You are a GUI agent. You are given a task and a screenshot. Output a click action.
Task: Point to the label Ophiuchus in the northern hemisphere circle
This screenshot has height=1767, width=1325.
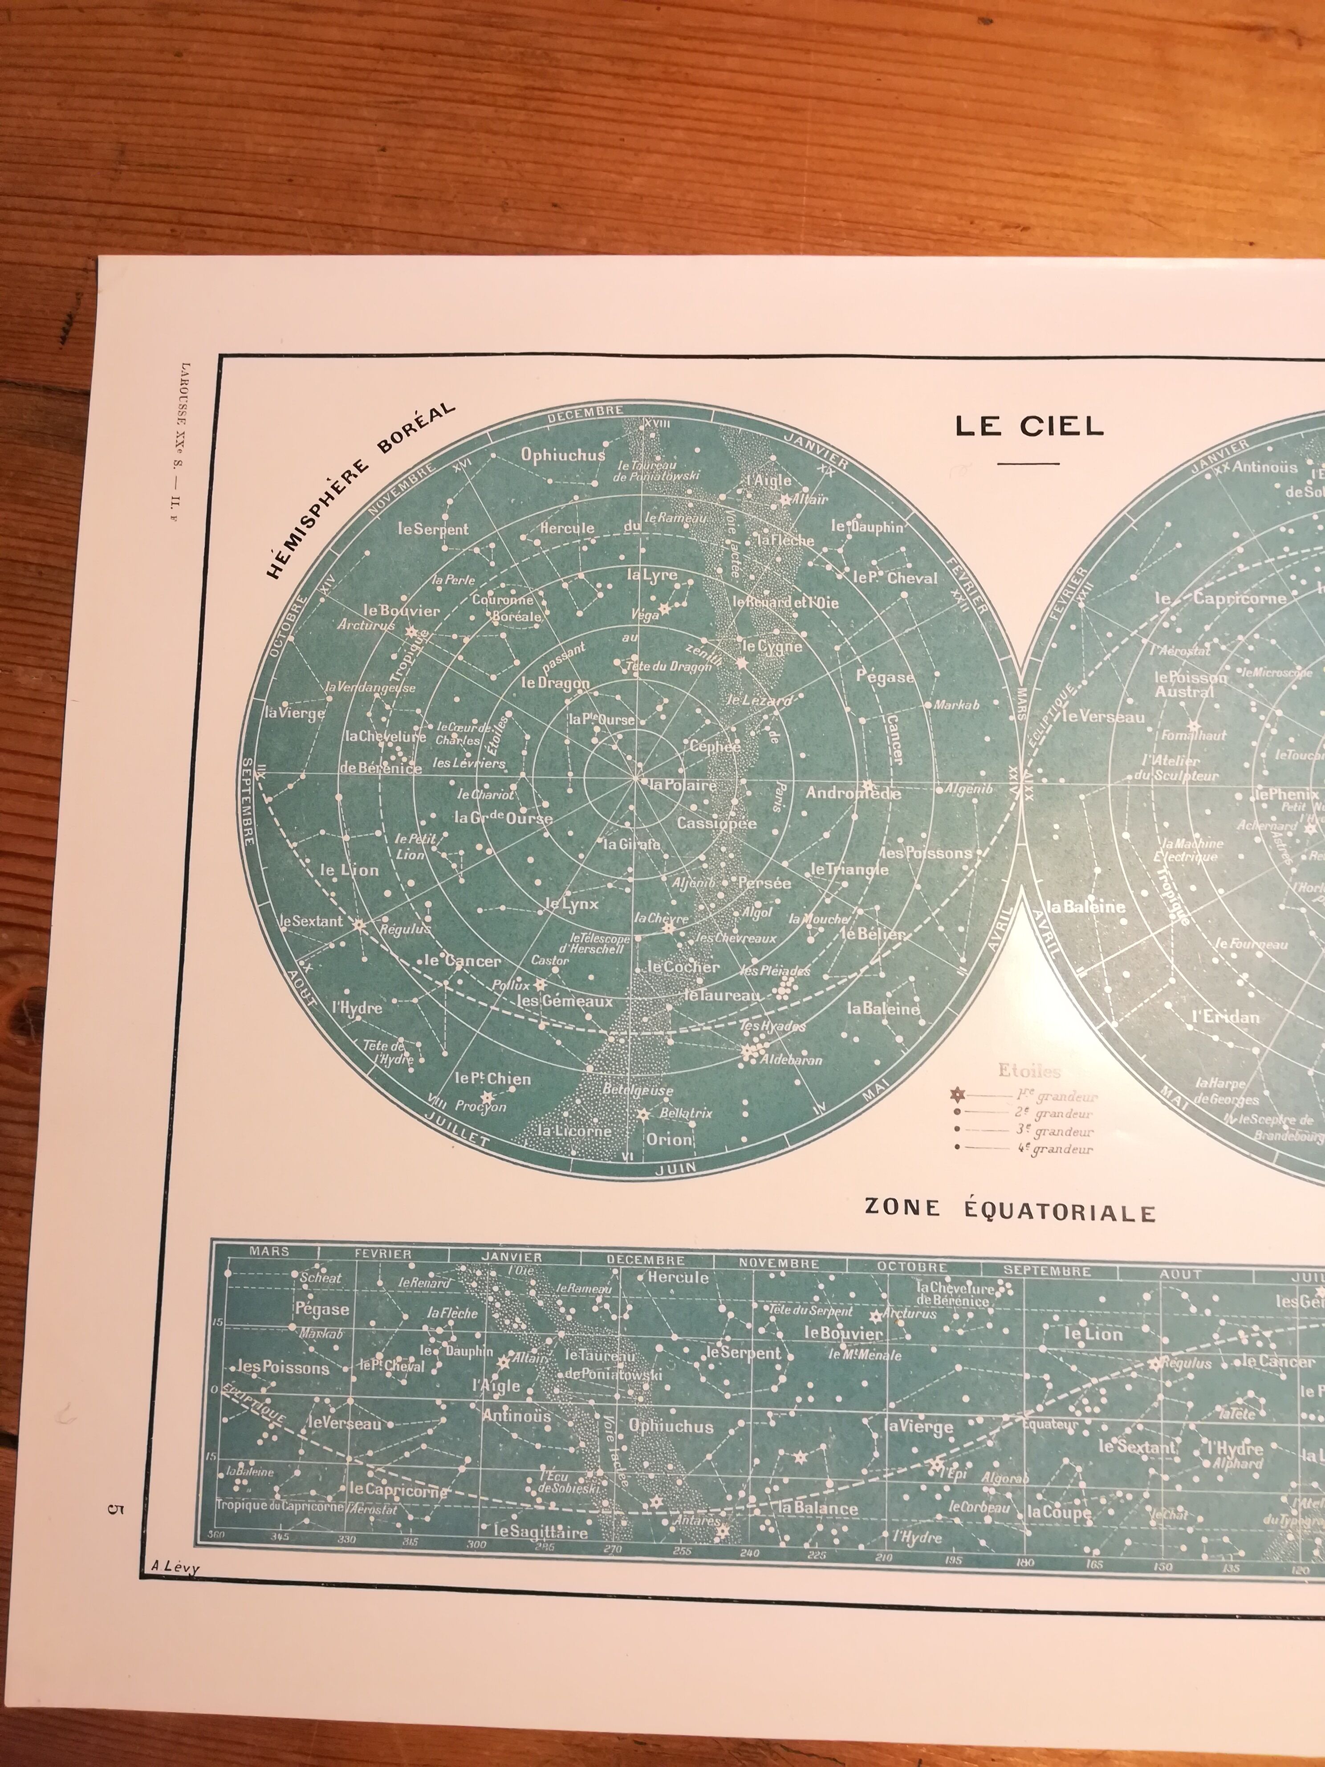point(563,455)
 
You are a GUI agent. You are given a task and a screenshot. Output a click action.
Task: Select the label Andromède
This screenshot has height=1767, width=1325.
point(853,793)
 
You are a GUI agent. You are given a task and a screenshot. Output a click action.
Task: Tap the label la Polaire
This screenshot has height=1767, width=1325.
point(683,785)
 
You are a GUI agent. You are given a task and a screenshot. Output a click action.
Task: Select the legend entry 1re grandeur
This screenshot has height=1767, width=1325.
point(1067,1097)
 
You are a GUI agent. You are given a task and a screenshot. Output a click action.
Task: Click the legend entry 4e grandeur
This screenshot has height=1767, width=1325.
point(1063,1149)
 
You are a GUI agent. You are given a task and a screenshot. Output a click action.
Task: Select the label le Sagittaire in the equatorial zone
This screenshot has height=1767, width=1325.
point(541,1531)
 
